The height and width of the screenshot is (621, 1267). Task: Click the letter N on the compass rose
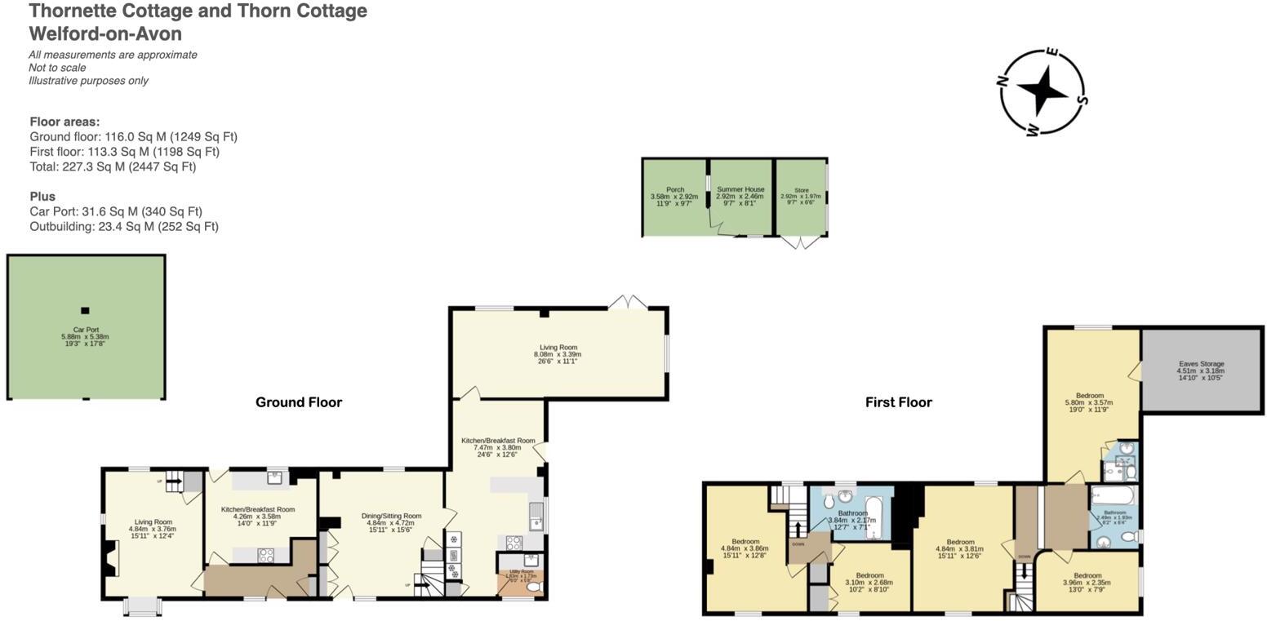(1002, 80)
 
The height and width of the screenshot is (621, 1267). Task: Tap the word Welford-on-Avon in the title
(105, 34)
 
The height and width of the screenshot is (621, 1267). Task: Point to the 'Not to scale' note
(57, 68)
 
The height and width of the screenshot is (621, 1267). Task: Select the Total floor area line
(113, 166)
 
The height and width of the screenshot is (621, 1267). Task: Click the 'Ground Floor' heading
(299, 402)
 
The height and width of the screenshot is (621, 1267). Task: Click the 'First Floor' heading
(898, 402)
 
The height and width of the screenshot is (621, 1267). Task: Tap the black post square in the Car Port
(85, 310)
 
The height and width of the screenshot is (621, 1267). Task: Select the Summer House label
(740, 189)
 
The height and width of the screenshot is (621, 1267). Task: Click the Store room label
(801, 190)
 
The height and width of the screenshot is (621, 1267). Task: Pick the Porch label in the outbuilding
(675, 189)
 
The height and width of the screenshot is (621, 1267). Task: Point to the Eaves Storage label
(1201, 364)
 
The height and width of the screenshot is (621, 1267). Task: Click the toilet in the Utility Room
(536, 587)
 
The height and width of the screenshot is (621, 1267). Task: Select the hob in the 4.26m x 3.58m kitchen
(266, 555)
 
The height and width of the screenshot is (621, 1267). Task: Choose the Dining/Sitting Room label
(391, 516)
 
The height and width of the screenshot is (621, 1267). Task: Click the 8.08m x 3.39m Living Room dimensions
(558, 355)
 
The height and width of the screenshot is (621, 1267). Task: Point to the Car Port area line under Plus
(116, 211)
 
